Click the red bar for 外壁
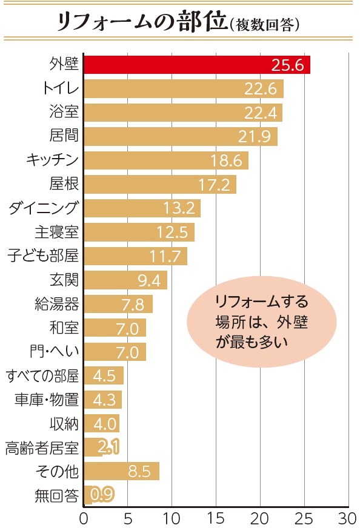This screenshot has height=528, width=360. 196,65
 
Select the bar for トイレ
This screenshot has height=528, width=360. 183,88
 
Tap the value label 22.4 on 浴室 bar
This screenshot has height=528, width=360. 260,112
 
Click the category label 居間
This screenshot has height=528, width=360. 64,136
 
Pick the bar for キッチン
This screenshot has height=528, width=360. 165,160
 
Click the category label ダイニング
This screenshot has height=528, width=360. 44,208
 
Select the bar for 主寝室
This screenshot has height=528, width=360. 139,232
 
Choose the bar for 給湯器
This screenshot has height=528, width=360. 118,303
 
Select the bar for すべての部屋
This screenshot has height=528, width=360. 104,375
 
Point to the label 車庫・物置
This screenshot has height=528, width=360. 46,399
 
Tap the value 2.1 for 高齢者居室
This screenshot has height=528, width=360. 108,447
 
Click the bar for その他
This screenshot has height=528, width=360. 121,471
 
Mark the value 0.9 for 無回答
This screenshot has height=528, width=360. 100,495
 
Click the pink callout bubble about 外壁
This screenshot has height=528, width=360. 262,322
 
